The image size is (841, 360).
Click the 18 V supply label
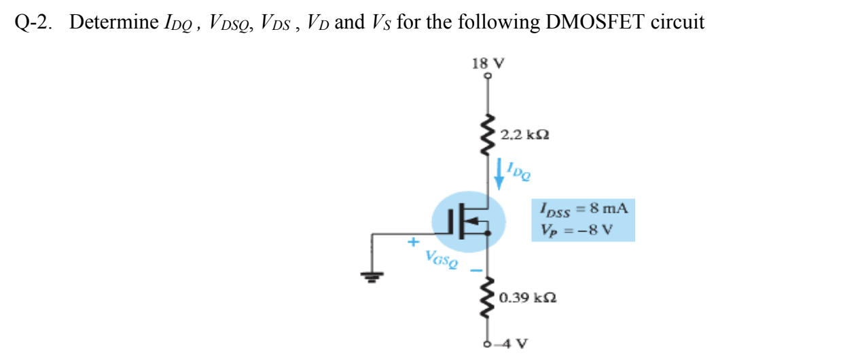(488, 64)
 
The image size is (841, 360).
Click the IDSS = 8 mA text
(584, 209)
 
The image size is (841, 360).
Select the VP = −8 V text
(577, 228)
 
